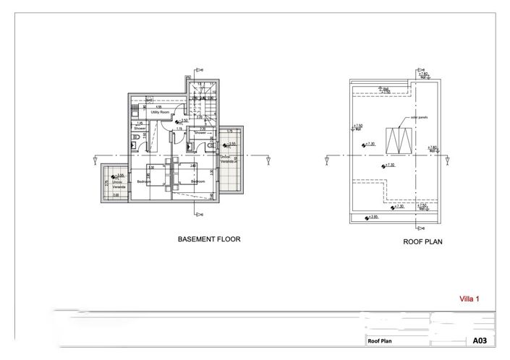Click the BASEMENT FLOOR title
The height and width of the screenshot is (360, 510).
pos(209,238)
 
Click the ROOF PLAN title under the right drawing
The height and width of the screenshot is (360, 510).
pos(422,244)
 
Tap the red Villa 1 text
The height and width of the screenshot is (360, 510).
pos(469,298)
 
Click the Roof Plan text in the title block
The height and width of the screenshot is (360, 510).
pos(381,340)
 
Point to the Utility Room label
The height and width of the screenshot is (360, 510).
pos(160,113)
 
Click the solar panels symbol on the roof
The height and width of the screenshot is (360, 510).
pos(398,138)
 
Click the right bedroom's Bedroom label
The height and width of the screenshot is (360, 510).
pos(197,181)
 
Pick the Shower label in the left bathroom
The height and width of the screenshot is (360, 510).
pos(140,128)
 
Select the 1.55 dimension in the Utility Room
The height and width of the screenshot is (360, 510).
pos(158,108)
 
